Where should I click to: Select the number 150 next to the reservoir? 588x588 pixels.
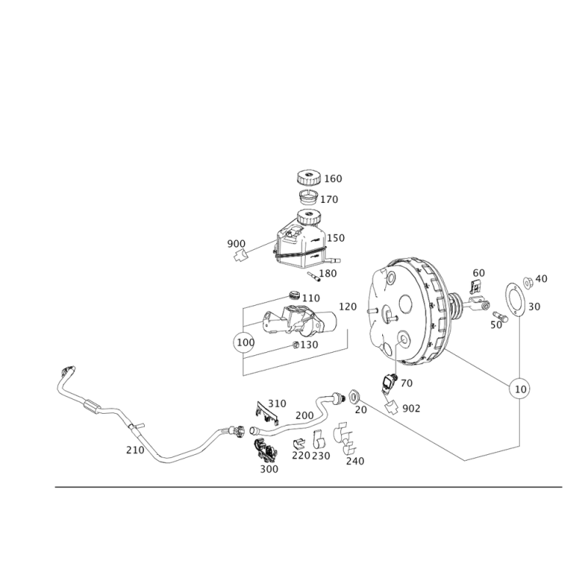tap(338, 237)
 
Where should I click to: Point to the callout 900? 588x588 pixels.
tap(236, 243)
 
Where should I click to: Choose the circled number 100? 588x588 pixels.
tap(243, 343)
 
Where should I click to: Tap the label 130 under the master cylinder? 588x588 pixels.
tap(309, 344)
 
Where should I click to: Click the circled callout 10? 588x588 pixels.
tap(520, 387)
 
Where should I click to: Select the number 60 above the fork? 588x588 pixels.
tap(478, 273)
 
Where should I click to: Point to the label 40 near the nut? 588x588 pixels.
tap(542, 279)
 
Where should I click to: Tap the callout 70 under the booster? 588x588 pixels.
tap(405, 383)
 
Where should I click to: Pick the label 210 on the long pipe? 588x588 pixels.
tap(135, 448)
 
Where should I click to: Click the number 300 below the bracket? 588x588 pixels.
tap(270, 467)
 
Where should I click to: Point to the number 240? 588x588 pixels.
tap(354, 461)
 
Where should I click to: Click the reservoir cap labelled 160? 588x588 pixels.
tap(309, 177)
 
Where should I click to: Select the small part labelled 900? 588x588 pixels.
tap(237, 255)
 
